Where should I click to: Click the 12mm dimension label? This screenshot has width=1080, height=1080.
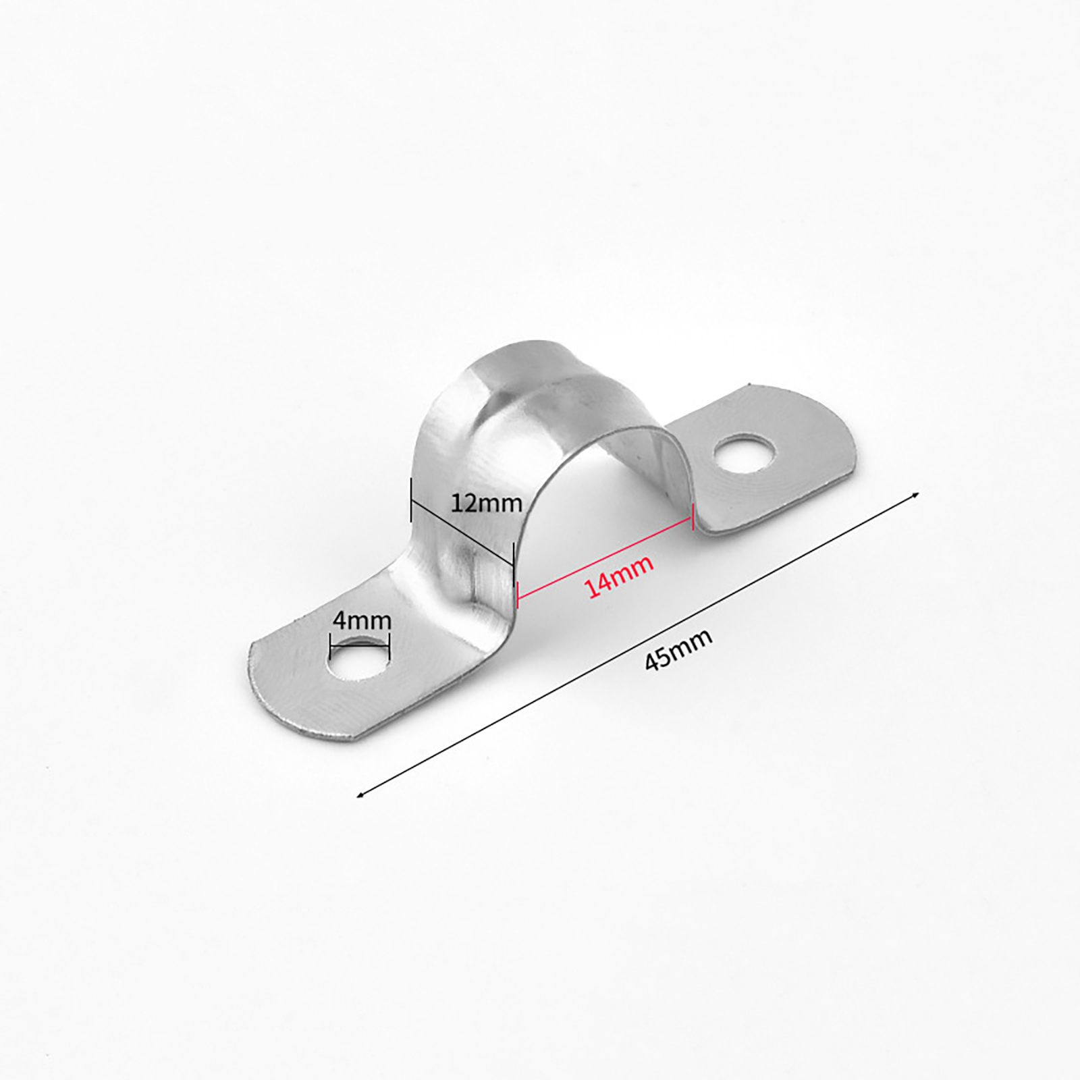(486, 503)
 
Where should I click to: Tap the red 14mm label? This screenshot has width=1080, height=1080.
(619, 576)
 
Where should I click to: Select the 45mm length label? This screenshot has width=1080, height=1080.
(678, 649)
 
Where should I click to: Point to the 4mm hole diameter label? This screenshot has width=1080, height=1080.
(362, 620)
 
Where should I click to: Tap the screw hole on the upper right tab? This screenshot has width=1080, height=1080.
(744, 454)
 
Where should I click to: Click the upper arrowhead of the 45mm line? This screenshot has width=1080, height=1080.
(915, 495)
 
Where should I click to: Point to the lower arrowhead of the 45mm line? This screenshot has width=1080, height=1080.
(360, 794)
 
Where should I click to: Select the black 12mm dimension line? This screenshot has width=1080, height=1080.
(462, 531)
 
